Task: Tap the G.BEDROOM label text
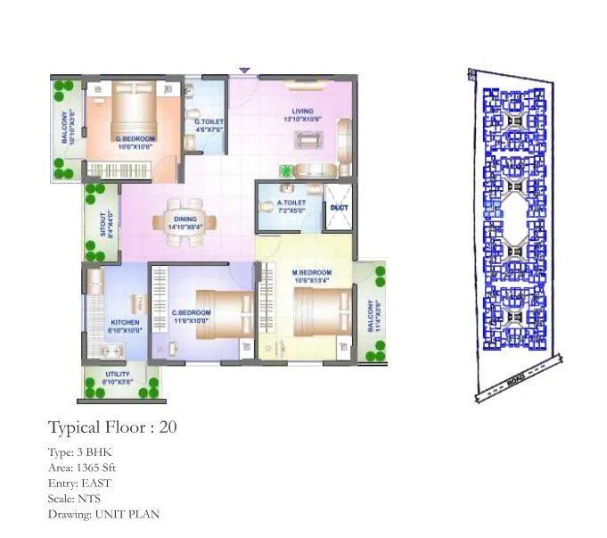[135, 139]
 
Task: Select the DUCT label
[339, 208]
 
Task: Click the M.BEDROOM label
[312, 272]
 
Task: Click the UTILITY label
[118, 374]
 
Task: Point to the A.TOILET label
[291, 203]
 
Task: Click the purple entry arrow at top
[244, 70]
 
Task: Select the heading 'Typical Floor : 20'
[112, 426]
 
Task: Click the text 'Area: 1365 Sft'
[82, 467]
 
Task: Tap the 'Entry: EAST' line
[79, 483]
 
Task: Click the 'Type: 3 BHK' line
[78, 451]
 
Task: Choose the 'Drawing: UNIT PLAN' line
[103, 514]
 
